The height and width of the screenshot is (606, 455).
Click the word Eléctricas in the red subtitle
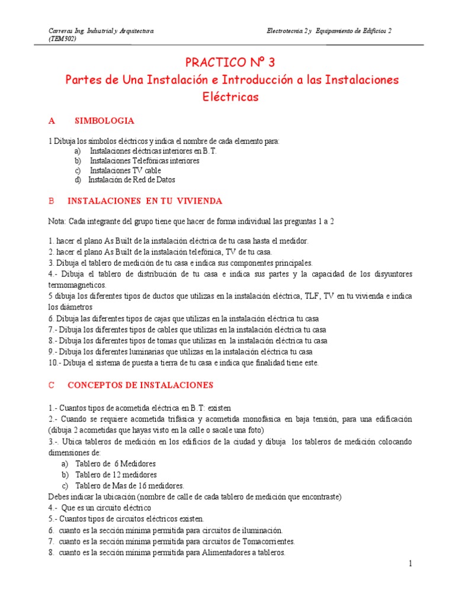pyautogui.click(x=230, y=97)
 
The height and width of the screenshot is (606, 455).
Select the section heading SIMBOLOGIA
pyautogui.click(x=104, y=121)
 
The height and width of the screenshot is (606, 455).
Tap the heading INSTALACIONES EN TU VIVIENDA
pyautogui.click(x=145, y=201)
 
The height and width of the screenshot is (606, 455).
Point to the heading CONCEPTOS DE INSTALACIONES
pyautogui.click(x=140, y=385)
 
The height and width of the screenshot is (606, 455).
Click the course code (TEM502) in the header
pyautogui.click(x=62, y=39)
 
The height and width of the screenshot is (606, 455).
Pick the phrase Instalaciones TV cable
pyautogui.click(x=125, y=170)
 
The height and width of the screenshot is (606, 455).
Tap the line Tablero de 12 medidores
pyautogui.click(x=116, y=475)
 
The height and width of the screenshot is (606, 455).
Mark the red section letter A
pyautogui.click(x=52, y=121)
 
